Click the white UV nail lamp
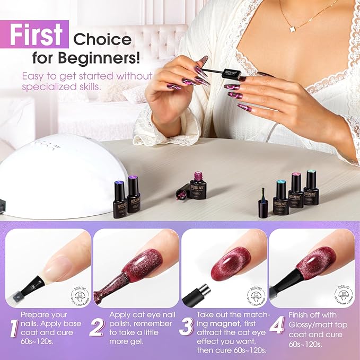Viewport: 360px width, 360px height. [50, 175]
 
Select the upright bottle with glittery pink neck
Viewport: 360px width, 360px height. [198, 185]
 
